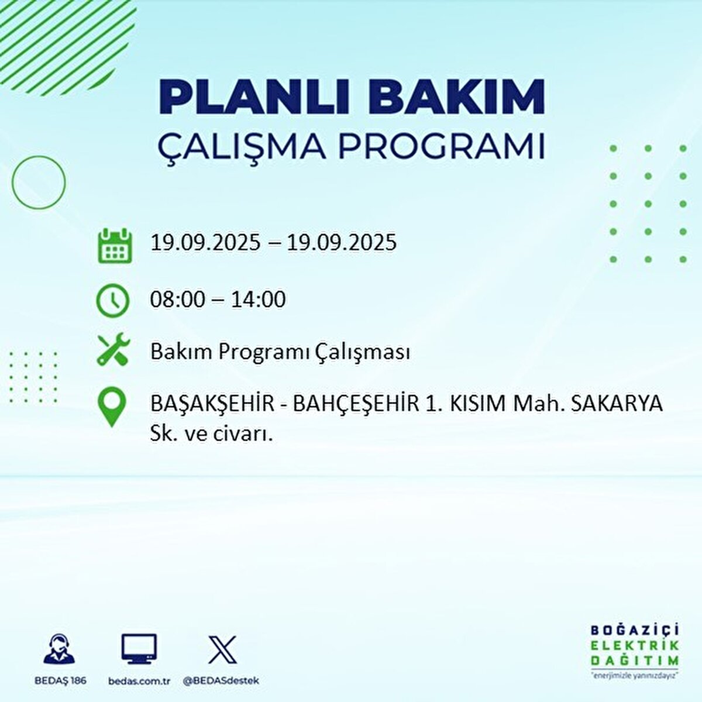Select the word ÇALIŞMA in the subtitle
click(x=242, y=147)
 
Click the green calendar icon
click(x=113, y=246)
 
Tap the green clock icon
click(x=112, y=301)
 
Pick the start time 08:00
click(x=178, y=300)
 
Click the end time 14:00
click(x=258, y=300)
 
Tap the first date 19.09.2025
click(x=205, y=242)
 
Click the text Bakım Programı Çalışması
click(x=280, y=352)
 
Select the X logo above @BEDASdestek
click(x=222, y=650)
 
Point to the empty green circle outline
click(x=39, y=183)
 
